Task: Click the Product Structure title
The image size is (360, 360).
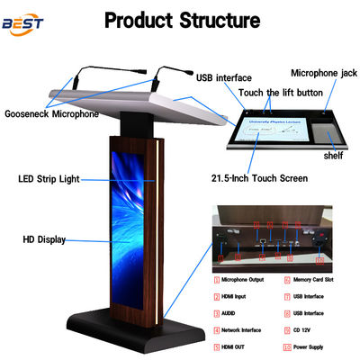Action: tap(182, 19)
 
